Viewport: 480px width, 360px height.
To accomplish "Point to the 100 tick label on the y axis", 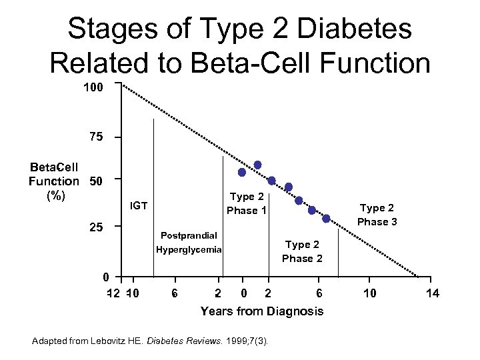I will [x=93, y=87].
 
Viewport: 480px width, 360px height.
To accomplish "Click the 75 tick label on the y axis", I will [x=96, y=137].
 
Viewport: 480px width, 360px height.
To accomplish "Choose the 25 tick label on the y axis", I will [x=96, y=227].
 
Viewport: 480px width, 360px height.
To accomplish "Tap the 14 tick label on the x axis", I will [x=433, y=293].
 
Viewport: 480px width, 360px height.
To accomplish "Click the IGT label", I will [x=139, y=205].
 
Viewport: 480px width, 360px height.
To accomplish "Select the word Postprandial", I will [x=189, y=235].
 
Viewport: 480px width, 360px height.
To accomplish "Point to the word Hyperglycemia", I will [x=189, y=250].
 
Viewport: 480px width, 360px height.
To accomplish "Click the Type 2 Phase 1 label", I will [x=247, y=203].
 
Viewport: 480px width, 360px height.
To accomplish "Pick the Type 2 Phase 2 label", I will [x=302, y=251].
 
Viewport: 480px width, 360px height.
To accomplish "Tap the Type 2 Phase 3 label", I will [x=377, y=215].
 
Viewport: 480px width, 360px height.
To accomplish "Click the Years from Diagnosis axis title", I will [x=262, y=311].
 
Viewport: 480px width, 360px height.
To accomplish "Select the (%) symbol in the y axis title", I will [x=55, y=195].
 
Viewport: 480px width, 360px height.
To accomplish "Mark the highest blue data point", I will [x=258, y=165].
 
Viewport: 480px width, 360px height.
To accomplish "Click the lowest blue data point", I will [x=326, y=219].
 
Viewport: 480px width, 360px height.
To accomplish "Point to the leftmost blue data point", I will [x=242, y=172].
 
